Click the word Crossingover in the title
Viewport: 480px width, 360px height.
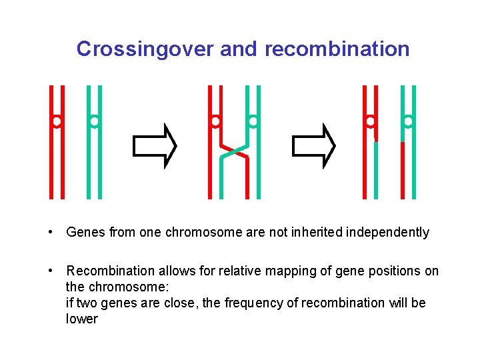tap(145, 49)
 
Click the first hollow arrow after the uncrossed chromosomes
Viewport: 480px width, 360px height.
tap(155, 144)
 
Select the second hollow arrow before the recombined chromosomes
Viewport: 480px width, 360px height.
tap(315, 144)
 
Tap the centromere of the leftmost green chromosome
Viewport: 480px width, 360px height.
tap(95, 122)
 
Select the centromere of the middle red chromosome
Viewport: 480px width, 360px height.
tap(215, 122)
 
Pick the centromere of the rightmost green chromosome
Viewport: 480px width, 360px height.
tap(408, 122)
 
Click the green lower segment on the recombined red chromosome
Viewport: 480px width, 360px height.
tap(375, 170)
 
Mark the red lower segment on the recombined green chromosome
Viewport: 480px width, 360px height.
tap(403, 170)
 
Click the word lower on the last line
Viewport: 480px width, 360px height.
tap(81, 319)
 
